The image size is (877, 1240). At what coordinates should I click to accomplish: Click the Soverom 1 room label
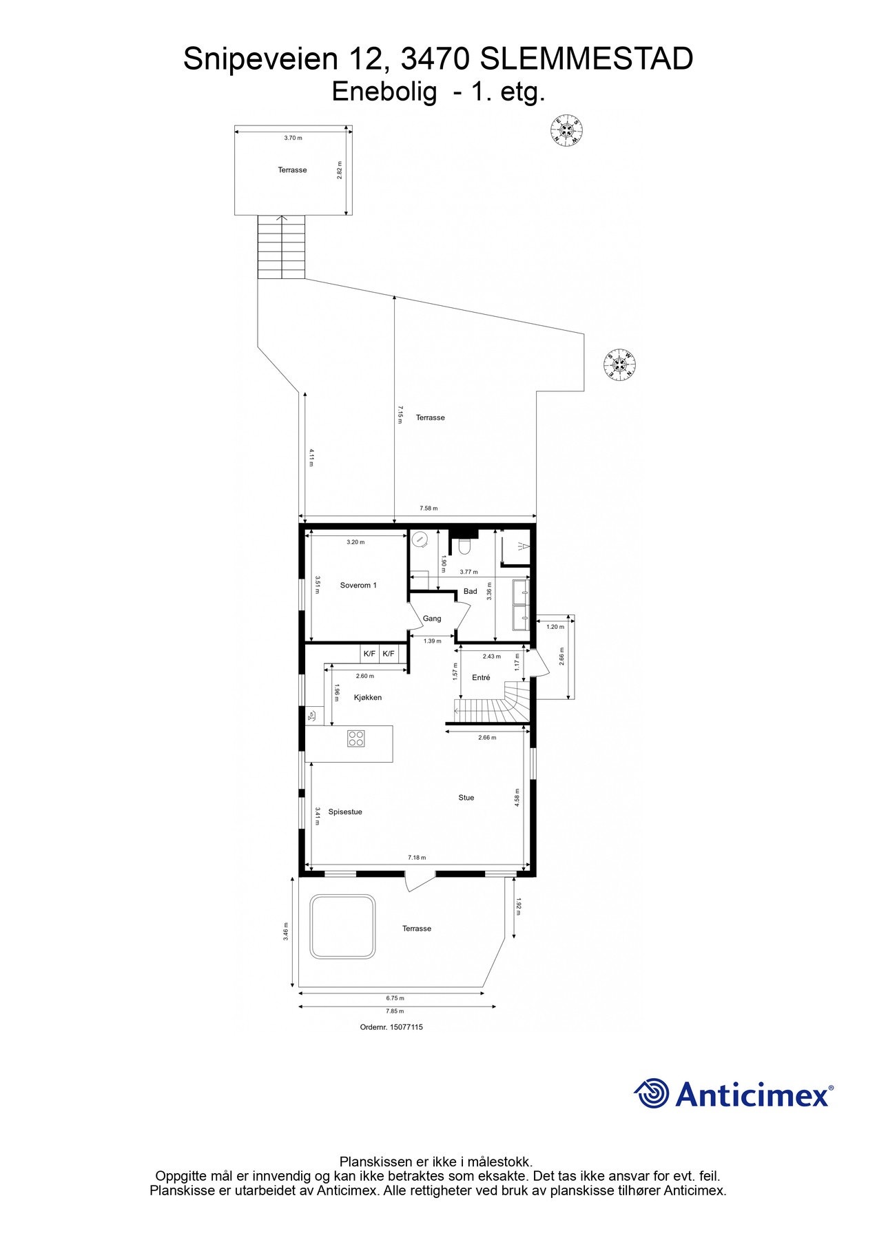tap(358, 586)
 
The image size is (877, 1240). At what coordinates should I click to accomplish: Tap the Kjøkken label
tap(367, 698)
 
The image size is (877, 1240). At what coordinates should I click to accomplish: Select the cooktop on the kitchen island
tap(356, 738)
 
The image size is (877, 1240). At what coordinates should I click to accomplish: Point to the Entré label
tap(481, 678)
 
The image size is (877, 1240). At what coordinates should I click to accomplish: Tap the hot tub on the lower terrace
tap(343, 927)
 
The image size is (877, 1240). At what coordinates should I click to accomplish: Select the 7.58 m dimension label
tap(429, 509)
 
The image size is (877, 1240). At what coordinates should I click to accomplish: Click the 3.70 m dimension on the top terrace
tap(293, 138)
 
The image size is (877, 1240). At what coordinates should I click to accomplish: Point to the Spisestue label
tap(344, 812)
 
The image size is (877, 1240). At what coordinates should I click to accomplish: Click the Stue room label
tap(466, 798)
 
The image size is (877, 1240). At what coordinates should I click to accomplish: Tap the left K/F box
tap(369, 653)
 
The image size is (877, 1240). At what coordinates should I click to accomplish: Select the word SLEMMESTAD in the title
tap(586, 61)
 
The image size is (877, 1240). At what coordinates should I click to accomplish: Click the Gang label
tap(432, 619)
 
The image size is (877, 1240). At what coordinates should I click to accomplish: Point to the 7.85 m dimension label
tap(395, 1011)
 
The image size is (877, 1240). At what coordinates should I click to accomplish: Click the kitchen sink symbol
tap(313, 716)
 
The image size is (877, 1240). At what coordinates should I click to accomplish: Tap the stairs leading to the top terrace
tap(281, 247)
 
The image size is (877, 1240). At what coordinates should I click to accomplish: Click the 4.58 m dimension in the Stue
tap(517, 797)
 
